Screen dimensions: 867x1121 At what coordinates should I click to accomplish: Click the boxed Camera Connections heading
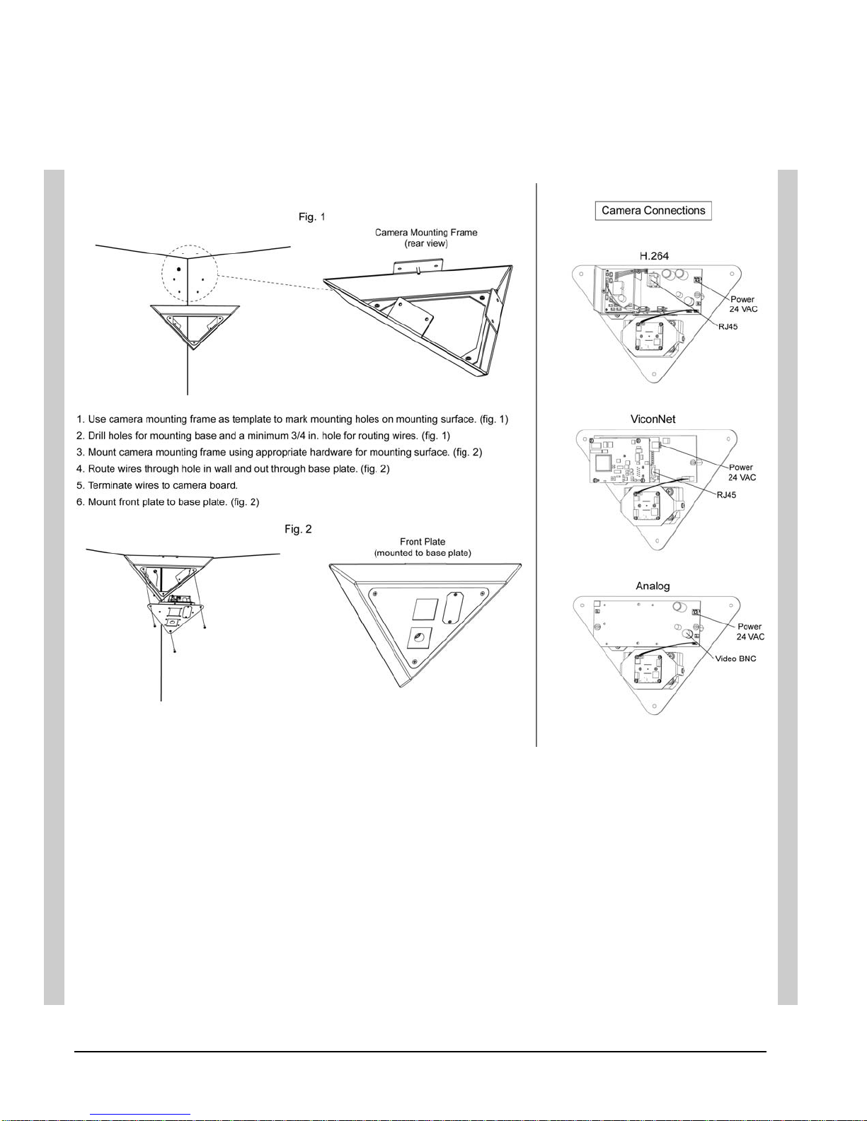[x=653, y=211]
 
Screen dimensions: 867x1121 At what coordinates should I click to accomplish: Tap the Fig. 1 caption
[x=311, y=216]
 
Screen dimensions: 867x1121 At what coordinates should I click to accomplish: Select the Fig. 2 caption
[x=298, y=529]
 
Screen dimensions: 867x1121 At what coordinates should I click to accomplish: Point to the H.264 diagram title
[x=654, y=256]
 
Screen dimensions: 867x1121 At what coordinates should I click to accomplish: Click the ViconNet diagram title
[x=653, y=419]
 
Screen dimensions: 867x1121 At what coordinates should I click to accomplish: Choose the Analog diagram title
[x=653, y=586]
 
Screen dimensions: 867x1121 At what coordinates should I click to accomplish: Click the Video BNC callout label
[x=735, y=658]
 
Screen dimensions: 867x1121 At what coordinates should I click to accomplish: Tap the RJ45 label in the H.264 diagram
[x=728, y=327]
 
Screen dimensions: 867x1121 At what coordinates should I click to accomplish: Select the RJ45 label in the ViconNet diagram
[x=726, y=495]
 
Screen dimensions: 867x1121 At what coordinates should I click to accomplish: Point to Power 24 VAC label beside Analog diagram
[x=750, y=632]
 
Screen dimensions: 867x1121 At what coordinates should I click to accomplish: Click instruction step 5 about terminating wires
[x=157, y=485]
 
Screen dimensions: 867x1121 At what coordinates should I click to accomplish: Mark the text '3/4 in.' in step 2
[x=304, y=436]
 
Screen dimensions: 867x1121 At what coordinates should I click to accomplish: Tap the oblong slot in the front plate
[x=453, y=608]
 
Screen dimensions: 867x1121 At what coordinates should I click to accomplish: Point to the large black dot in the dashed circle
[x=178, y=269]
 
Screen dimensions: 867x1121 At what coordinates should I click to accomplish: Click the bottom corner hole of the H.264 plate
[x=654, y=374]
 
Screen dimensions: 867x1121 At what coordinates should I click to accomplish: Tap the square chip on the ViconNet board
[x=603, y=463]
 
